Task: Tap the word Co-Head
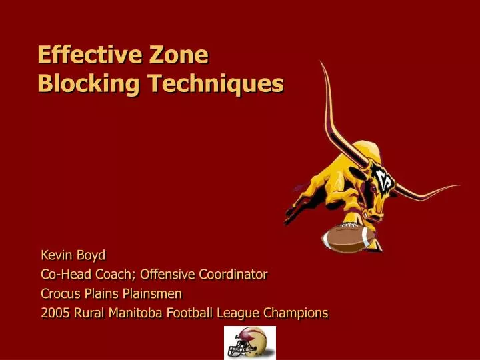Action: click(69, 274)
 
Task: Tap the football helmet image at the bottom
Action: click(249, 343)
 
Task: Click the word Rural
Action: click(87, 313)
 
